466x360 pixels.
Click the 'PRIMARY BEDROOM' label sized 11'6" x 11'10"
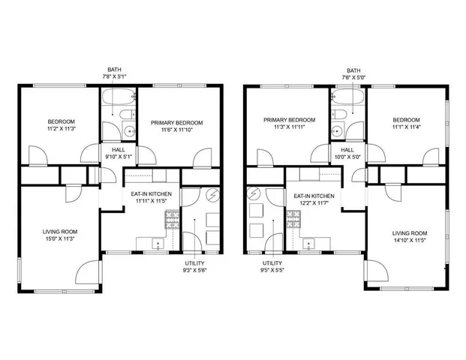[x=176, y=126]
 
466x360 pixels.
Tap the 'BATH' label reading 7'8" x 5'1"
[x=116, y=72]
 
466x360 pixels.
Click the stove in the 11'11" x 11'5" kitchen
[x=172, y=220]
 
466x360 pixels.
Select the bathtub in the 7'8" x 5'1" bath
[x=118, y=97]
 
